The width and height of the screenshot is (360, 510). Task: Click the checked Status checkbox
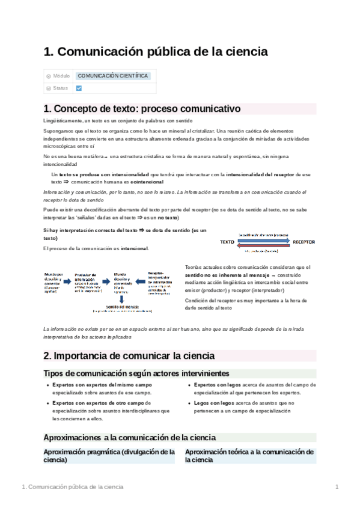pyautogui.click(x=79, y=88)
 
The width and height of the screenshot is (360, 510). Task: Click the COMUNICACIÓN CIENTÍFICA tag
pyautogui.click(x=113, y=76)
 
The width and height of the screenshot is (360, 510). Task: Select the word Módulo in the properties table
pyautogui.click(x=62, y=76)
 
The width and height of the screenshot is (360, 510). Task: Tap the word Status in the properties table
pyautogui.click(x=60, y=88)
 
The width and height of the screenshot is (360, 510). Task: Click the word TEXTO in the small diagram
pyautogui.click(x=227, y=241)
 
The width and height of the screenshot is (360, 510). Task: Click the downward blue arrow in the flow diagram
pyautogui.click(x=122, y=298)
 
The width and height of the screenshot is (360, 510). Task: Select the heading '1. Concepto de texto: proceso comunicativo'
pyautogui.click(x=142, y=109)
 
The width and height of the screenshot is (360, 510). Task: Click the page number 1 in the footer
pyautogui.click(x=337, y=486)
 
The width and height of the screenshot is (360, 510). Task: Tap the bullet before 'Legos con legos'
pyautogui.click(x=189, y=404)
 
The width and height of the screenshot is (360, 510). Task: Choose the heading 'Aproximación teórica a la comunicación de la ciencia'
pyautogui.click(x=249, y=455)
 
